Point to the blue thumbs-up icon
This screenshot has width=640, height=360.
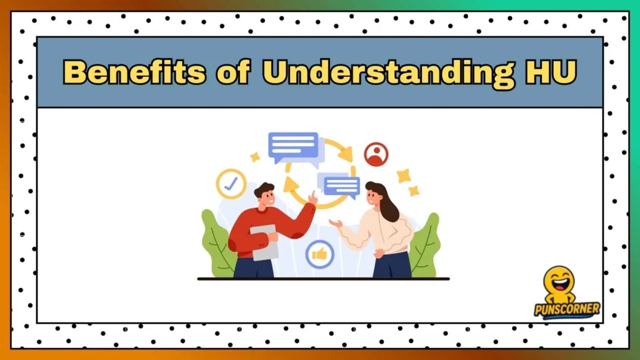tap(319, 254)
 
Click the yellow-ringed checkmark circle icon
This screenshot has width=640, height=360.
tap(231, 184)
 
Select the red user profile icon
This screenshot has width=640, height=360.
tap(376, 154)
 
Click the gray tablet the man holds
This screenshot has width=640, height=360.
tap(264, 242)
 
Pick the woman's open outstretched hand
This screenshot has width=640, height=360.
tap(336, 223)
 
